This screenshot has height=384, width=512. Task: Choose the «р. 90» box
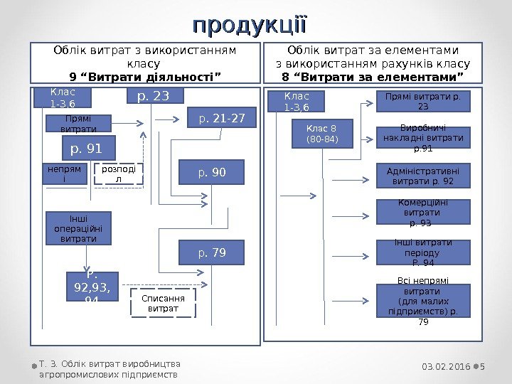click(211, 171)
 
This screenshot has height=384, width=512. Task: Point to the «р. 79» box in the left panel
click(211, 252)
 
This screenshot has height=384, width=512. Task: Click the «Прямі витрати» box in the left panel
click(79, 124)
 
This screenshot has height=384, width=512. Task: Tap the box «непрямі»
click(65, 174)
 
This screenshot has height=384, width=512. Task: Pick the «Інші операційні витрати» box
click(78, 228)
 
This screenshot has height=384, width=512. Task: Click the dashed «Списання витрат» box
click(163, 303)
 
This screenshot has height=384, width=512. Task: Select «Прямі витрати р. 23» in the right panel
click(423, 101)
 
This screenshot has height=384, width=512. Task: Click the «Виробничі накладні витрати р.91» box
click(423, 139)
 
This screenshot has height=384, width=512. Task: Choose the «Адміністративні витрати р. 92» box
click(423, 176)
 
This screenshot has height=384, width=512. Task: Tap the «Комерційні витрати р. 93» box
click(423, 212)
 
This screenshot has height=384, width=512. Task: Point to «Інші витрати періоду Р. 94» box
click(423, 252)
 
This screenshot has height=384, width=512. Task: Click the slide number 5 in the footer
click(483, 366)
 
